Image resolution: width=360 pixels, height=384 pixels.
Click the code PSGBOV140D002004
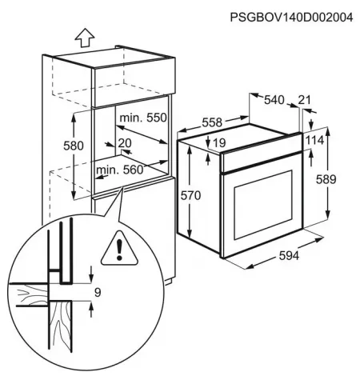point(291,18)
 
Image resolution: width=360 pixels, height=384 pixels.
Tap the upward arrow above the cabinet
point(85,38)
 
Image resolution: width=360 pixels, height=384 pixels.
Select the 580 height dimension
point(74,146)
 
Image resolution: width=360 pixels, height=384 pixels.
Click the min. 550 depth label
point(143,118)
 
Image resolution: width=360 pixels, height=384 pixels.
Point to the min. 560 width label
point(120,170)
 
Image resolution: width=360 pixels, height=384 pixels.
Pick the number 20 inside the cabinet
point(125,143)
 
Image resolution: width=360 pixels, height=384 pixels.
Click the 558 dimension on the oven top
point(212,122)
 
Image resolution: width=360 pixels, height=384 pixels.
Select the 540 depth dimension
point(274,100)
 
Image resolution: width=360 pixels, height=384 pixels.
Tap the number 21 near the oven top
point(304,100)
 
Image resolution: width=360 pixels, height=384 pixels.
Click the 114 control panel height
point(314,140)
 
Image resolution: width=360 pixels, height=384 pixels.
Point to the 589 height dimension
point(326,179)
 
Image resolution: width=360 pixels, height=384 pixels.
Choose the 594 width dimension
point(289,256)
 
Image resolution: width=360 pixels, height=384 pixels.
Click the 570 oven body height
point(190,196)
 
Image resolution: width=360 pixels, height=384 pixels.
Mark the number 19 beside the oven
point(219,143)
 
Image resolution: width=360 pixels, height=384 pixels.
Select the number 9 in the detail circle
point(98,293)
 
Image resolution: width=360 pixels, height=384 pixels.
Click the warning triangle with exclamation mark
point(119,249)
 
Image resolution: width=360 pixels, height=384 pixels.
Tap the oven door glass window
point(263,205)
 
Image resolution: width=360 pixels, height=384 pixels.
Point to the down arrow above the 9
point(91,274)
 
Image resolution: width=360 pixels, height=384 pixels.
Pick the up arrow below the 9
point(91,310)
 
